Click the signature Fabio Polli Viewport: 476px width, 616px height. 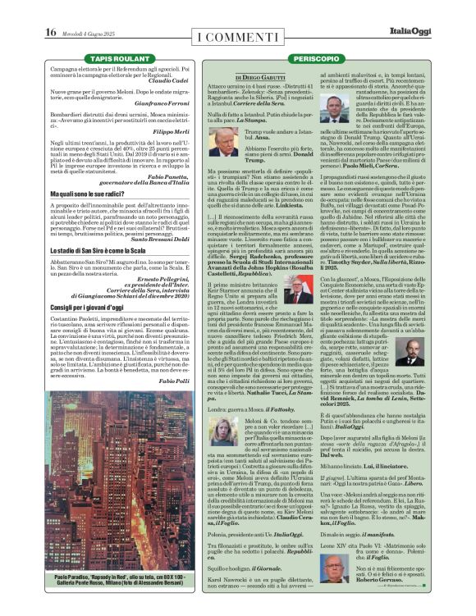coord(174,393)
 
